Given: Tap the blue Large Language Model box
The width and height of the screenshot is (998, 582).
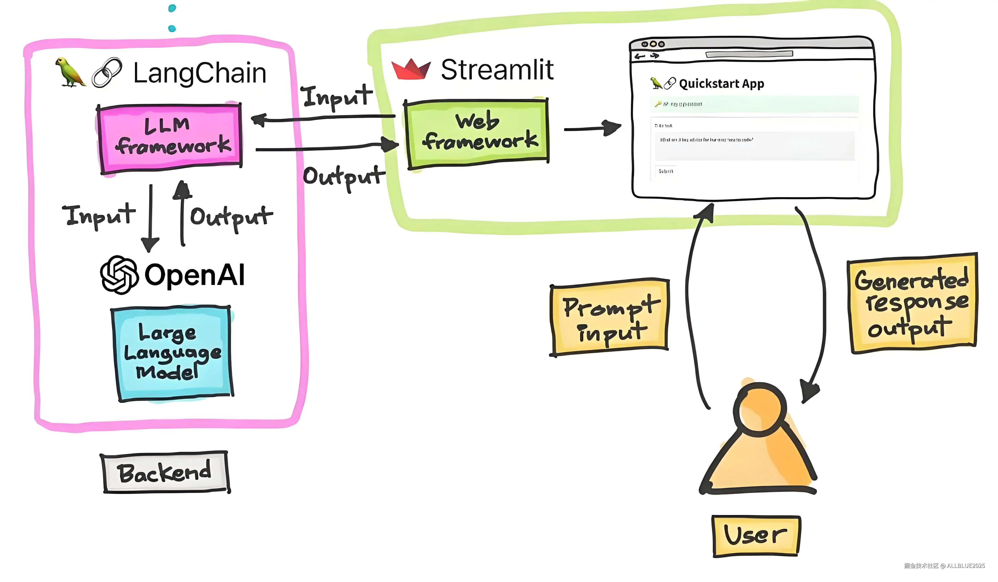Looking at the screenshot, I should [x=172, y=353].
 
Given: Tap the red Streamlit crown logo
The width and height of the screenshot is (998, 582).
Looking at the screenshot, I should [x=411, y=70].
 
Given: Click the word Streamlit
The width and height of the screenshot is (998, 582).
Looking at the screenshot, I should [x=497, y=70].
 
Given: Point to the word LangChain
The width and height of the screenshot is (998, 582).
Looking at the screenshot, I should [x=200, y=73].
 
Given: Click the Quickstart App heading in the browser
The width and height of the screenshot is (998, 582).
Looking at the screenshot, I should [x=721, y=84].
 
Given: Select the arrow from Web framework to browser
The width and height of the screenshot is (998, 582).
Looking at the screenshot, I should [x=592, y=128].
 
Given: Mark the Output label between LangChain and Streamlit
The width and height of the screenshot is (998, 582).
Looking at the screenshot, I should [x=343, y=177].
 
